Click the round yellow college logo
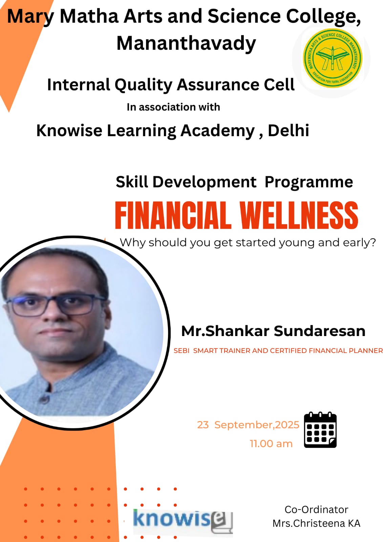[333, 58]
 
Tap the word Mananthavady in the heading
[186, 43]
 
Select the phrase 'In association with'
[173, 107]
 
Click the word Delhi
[289, 130]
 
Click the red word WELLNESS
[299, 215]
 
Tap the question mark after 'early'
[373, 242]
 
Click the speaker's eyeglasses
[51, 304]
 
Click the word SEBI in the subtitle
[182, 351]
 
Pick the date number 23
[203, 425]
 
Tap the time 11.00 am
[271, 444]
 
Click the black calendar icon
[320, 430]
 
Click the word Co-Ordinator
[316, 509]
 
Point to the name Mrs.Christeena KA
[317, 523]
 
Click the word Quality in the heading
[143, 85]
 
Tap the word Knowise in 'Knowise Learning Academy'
[69, 130]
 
